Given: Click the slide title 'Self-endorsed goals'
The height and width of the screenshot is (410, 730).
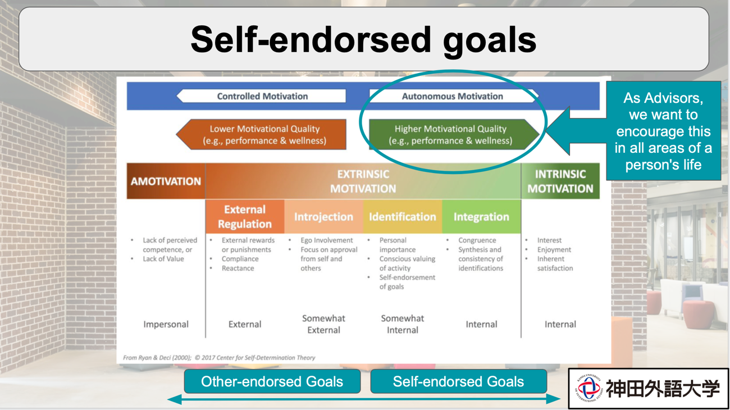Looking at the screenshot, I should click(363, 39).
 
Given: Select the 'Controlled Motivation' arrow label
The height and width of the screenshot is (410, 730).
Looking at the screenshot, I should click(262, 96).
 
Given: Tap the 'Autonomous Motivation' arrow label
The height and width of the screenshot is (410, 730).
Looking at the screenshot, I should click(452, 96).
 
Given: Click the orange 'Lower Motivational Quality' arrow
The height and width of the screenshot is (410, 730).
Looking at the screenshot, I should click(264, 135).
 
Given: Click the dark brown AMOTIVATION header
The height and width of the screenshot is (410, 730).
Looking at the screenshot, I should click(166, 181).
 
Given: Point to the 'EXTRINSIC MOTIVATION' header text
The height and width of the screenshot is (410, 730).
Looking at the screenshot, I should click(363, 181).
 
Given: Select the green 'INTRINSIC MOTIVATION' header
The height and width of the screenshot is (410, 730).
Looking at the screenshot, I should click(560, 181).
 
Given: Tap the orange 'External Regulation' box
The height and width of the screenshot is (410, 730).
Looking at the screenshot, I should click(245, 217).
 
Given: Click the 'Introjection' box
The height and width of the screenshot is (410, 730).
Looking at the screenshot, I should click(323, 217).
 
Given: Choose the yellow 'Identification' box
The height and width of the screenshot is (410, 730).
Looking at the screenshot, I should click(402, 217).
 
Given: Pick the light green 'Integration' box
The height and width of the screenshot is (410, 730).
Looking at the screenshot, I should click(481, 217).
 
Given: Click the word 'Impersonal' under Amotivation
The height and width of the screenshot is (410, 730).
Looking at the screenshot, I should click(166, 324).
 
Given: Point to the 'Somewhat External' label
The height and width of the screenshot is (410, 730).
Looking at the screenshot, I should click(323, 324).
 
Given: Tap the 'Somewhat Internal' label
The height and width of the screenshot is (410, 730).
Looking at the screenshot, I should click(402, 324).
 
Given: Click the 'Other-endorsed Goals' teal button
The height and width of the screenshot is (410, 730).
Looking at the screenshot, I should click(272, 382).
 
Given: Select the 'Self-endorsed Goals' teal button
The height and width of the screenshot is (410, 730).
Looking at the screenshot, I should click(458, 382).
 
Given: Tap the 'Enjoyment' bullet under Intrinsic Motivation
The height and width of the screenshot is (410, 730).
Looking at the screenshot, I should click(554, 249).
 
